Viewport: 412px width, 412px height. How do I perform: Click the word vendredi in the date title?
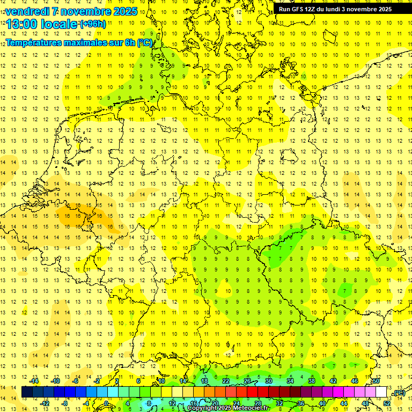pyautogui.click(x=30, y=11)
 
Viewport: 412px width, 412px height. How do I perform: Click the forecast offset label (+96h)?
pyautogui.click(x=93, y=24)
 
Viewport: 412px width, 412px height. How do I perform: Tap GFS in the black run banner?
pyautogui.click(x=300, y=9)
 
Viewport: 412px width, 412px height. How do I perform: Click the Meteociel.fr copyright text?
pyautogui.click(x=228, y=408)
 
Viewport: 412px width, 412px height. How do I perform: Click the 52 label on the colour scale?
pyautogui.click(x=387, y=403)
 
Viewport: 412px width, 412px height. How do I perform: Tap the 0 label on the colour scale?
pyautogui.click(x=106, y=403)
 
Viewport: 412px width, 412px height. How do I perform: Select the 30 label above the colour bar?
pyautogui.click(x=269, y=381)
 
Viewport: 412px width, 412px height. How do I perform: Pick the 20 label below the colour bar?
pyautogui.click(x=215, y=403)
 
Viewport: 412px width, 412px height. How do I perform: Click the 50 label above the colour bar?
pyautogui.click(x=376, y=381)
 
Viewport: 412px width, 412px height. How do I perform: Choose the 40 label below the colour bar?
pyautogui.click(x=322, y=403)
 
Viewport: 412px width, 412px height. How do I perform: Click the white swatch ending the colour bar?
pyautogui.click(x=381, y=392)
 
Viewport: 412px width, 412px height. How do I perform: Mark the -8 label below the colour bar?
pyautogui.click(x=64, y=403)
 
